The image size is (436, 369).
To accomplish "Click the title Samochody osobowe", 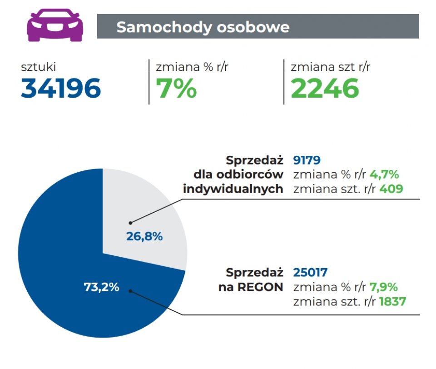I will tap(203, 27).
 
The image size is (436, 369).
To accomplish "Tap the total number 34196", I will tap(61, 88).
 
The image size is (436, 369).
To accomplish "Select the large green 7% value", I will tap(176, 88).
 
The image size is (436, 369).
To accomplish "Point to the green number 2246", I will tap(325, 88).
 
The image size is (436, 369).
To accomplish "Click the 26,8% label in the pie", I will tap(144, 236).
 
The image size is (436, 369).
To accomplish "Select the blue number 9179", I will tap(307, 160).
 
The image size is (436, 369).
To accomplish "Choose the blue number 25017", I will tap(310, 273).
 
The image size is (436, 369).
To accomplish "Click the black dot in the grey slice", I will tap(130, 223).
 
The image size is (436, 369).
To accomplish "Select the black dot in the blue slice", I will tap(130, 291).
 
